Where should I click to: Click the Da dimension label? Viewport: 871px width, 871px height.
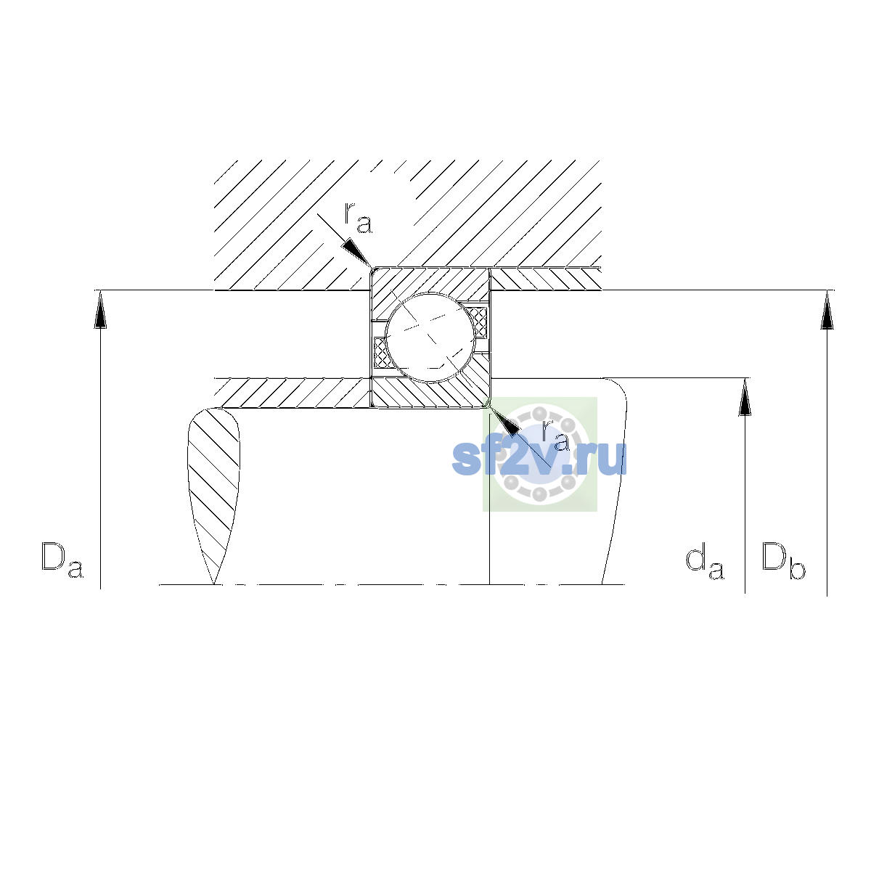[62, 560]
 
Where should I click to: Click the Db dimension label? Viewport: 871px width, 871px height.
[783, 560]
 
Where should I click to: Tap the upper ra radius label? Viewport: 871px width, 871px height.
[359, 218]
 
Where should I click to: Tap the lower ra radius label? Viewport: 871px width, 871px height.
[555, 435]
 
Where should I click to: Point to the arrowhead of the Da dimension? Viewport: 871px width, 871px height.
[100, 309]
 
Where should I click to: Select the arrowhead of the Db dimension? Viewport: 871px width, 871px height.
[827, 310]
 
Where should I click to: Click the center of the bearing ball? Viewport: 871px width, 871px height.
[430, 338]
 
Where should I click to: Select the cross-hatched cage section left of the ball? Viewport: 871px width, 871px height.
[380, 353]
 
